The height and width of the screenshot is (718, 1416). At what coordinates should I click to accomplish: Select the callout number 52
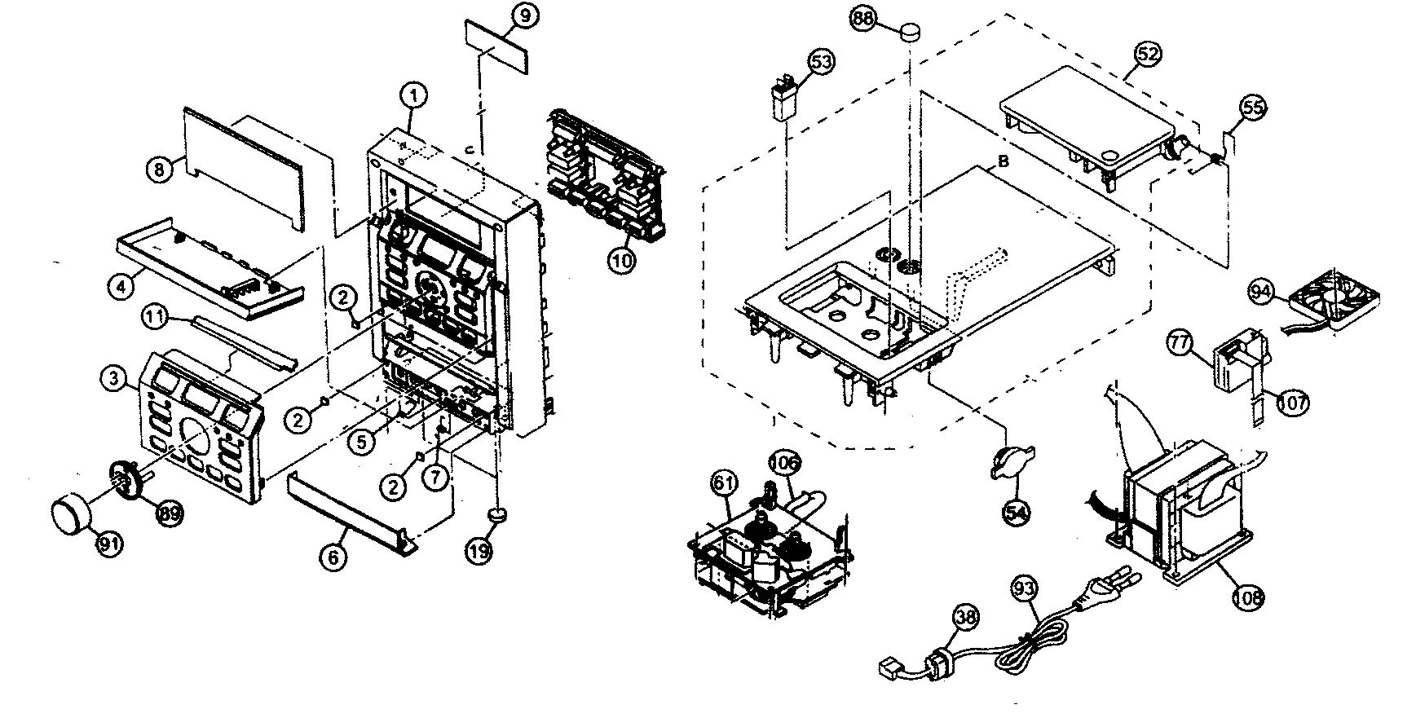click(x=1149, y=54)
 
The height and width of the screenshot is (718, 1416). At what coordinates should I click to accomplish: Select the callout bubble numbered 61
click(x=723, y=482)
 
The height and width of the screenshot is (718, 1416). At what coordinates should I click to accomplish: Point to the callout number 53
click(x=822, y=60)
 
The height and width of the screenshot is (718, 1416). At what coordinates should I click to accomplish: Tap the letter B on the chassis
click(x=1004, y=161)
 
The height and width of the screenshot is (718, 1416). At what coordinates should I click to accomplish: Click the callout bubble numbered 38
click(x=966, y=617)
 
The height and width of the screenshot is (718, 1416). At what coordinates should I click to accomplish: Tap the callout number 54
click(x=1016, y=511)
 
